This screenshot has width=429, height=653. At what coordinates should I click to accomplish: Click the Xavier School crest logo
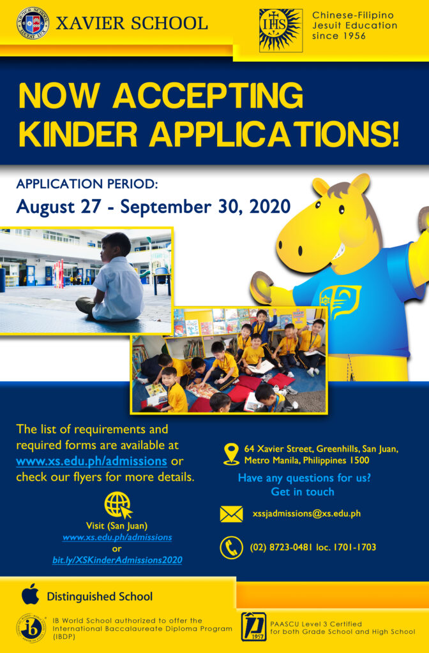33,23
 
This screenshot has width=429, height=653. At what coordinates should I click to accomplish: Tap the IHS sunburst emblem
281,31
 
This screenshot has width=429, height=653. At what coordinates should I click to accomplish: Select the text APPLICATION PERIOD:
87,184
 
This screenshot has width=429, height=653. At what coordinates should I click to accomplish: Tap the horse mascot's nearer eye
342,209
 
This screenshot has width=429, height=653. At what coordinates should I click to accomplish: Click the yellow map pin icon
231,454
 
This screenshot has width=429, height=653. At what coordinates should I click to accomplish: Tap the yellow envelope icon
231,514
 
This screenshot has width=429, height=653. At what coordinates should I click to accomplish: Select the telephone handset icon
231,547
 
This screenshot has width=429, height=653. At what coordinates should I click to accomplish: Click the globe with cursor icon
118,504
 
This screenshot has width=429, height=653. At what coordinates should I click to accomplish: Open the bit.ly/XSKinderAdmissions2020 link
117,560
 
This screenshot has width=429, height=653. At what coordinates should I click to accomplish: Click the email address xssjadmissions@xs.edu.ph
306,513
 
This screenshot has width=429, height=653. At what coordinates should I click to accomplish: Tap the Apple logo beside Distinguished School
31,594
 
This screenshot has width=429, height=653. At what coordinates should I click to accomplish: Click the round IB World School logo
29,628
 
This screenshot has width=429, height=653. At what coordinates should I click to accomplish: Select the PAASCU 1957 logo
253,626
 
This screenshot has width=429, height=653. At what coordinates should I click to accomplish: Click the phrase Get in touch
303,492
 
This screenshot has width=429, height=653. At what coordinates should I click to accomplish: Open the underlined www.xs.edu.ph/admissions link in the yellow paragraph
92,462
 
